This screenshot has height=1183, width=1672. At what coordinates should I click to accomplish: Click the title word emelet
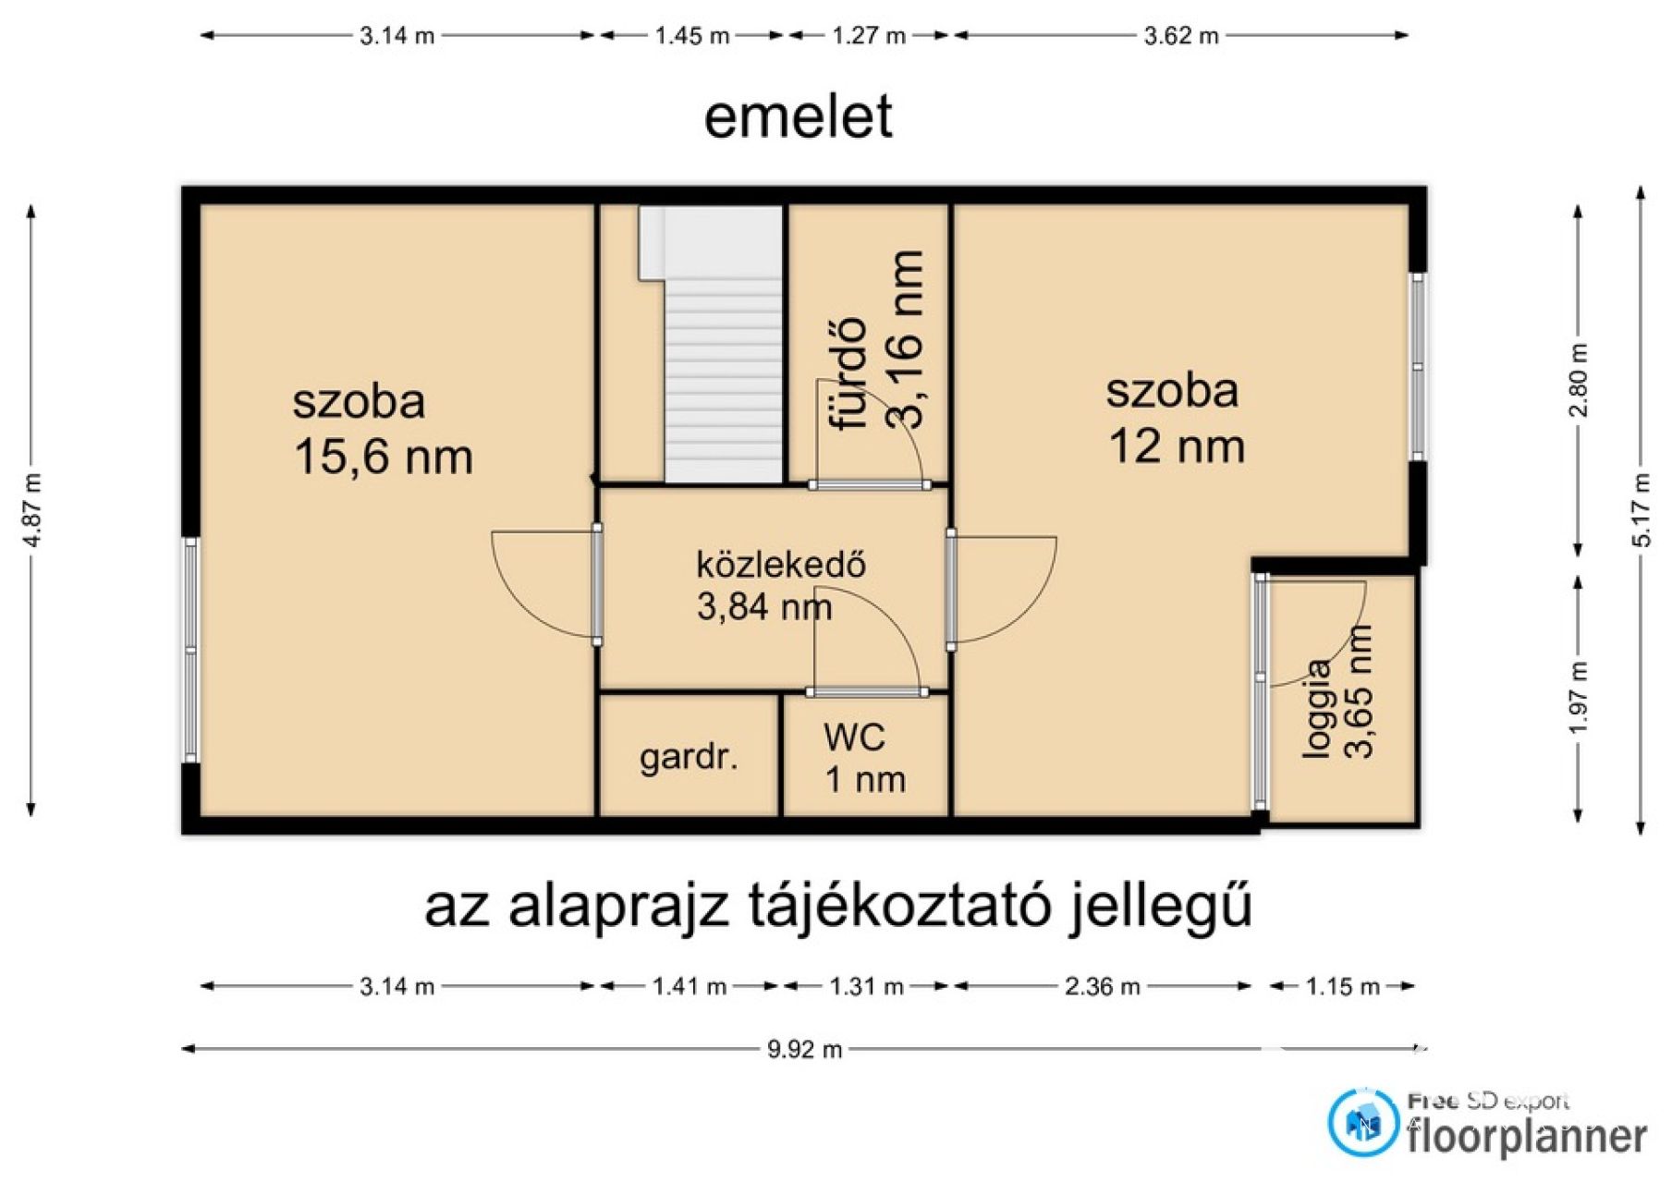(x=799, y=116)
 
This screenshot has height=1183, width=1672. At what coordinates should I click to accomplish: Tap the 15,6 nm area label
(x=384, y=457)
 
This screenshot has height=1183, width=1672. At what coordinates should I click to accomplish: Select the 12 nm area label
(x=1177, y=445)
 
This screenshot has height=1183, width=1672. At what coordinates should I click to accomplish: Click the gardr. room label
(x=689, y=758)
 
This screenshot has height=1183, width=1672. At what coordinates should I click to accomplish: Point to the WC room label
(x=854, y=737)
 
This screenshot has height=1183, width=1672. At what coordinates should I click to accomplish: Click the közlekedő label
(x=781, y=564)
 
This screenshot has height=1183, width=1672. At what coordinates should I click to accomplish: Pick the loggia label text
(x=1318, y=709)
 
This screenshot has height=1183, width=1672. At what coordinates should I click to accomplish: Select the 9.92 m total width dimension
(x=804, y=1049)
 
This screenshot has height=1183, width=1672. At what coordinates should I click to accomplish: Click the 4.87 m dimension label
(x=32, y=509)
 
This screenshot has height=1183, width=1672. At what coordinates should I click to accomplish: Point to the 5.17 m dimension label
(x=1641, y=509)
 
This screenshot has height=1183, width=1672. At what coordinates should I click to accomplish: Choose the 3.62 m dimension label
(x=1181, y=36)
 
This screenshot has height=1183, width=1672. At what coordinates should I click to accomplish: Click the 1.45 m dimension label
(x=692, y=36)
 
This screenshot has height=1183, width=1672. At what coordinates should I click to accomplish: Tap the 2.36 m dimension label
(x=1102, y=986)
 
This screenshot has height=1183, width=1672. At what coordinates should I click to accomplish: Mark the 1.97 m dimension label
(x=1579, y=698)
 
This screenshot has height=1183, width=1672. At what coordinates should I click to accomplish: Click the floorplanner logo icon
(x=1363, y=1122)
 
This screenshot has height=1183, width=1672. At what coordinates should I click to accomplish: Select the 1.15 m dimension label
(x=1343, y=986)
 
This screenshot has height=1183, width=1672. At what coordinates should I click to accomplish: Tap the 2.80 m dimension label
(x=1579, y=380)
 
